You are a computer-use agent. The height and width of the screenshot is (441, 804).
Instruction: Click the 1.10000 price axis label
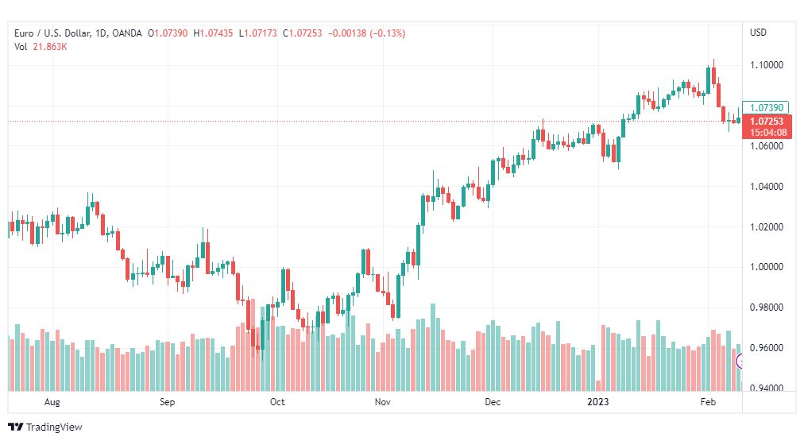coord(767,65)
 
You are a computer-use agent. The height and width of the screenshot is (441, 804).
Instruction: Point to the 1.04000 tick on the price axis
coord(767,187)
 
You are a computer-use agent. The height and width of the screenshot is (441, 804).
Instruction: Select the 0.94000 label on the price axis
coord(767,389)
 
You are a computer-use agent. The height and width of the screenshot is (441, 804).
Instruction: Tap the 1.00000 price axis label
coord(767,268)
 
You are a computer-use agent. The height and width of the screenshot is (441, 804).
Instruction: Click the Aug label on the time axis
coord(53,403)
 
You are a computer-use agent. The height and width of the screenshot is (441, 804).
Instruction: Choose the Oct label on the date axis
coord(277,403)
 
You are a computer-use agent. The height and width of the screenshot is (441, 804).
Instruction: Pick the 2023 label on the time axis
coord(597,403)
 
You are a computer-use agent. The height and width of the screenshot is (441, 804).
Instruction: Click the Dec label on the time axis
coord(493,403)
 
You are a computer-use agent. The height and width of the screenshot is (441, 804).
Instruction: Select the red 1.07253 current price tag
coord(767,121)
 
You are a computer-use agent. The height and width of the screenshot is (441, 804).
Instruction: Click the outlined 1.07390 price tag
coord(767,107)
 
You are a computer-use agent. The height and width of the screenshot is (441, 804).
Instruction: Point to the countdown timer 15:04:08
coord(767,132)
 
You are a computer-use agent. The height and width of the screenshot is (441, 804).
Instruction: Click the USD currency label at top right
coord(758,33)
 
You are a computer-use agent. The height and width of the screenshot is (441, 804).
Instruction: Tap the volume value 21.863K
coord(50,47)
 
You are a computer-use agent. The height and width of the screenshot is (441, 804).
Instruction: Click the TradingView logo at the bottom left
coord(45,427)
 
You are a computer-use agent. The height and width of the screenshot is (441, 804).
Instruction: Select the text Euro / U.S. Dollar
coord(49,33)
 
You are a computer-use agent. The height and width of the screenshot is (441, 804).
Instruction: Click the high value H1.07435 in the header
coord(214,33)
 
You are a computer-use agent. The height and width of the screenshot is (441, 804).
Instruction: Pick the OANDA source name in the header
coord(128,33)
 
